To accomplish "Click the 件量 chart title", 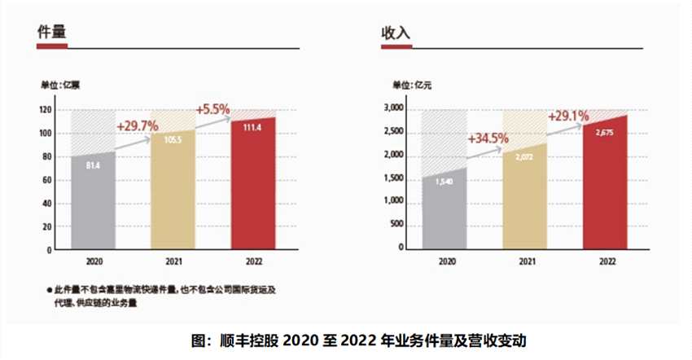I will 51,33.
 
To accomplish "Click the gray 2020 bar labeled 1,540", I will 444,208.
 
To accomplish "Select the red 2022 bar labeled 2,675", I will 604,183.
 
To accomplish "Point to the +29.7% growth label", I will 138,126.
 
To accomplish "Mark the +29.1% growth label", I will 568,116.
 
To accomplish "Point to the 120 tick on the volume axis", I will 46,109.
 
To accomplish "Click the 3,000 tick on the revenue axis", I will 394,108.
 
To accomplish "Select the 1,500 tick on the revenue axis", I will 394,177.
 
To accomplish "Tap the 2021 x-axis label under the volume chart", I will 173,262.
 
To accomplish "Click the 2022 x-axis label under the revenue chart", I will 606,262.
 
